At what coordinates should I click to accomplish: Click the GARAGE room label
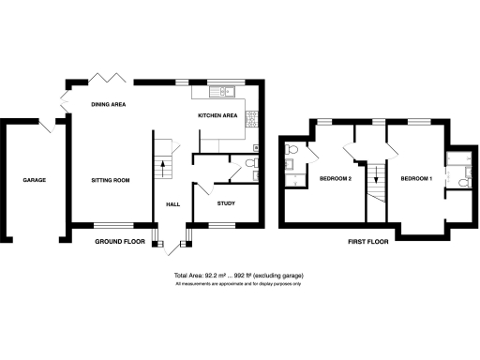click(x=35, y=180)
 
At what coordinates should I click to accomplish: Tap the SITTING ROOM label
click(x=110, y=179)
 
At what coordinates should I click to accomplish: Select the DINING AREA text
click(x=109, y=104)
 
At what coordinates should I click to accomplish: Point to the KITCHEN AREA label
click(x=217, y=115)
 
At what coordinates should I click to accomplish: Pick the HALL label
click(x=172, y=203)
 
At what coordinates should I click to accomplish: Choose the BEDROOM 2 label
click(x=335, y=178)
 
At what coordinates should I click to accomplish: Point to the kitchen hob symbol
click(x=251, y=119)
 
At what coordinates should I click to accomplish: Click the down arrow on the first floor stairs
click(x=376, y=174)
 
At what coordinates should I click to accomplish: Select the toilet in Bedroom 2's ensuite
click(x=292, y=150)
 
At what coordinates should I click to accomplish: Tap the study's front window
click(x=221, y=225)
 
